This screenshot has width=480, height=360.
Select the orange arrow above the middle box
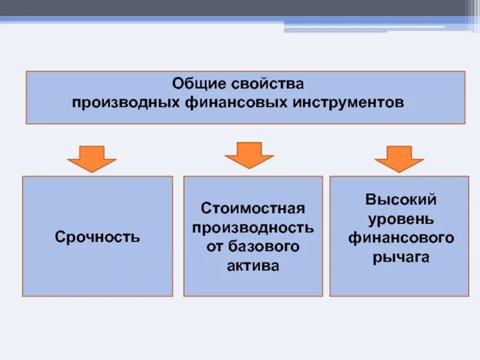tap(249, 155)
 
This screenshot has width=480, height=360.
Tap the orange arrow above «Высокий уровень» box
tap(399, 158)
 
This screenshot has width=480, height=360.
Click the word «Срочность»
tap(97, 237)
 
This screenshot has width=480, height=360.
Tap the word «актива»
tap(253, 266)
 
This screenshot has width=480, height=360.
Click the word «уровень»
tap(400, 218)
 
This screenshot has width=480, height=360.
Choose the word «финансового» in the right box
tap(400, 238)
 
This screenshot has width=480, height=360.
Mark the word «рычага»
tap(400, 257)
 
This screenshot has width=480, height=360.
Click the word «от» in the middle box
tap(214, 247)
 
